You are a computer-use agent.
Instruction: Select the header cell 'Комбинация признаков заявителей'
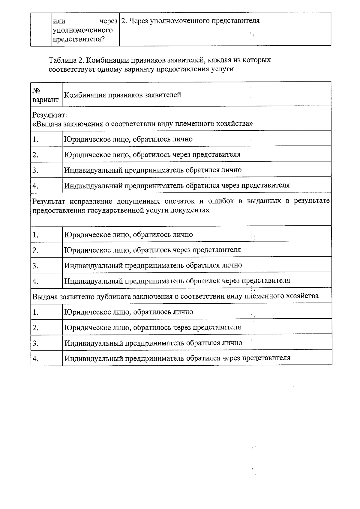tap(123, 95)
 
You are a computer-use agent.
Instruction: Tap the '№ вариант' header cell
tap(46, 95)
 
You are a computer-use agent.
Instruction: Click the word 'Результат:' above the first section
tap(49, 115)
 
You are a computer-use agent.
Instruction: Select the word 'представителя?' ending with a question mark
tap(79, 39)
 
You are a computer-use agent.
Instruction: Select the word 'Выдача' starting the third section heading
tap(45, 296)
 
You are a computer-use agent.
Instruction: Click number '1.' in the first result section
tap(36, 139)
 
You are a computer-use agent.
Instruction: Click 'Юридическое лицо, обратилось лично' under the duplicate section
tap(129, 312)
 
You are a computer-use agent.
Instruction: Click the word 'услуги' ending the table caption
tap(223, 69)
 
